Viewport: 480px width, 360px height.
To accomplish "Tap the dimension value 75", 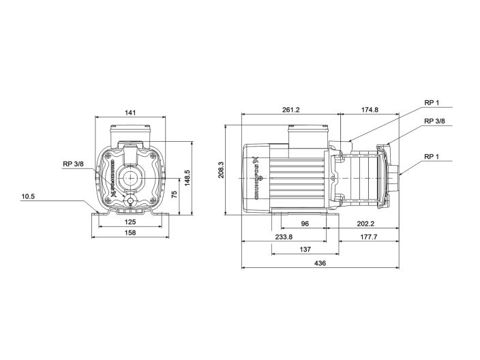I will pyautogui.click(x=175, y=194).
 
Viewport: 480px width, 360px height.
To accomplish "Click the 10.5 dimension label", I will pyautogui.click(x=28, y=196).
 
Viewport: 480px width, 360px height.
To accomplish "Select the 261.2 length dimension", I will pyautogui.click(x=290, y=108).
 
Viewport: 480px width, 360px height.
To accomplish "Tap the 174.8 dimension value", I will pyautogui.click(x=370, y=108).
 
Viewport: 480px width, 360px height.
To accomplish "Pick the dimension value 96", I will pyautogui.click(x=305, y=222).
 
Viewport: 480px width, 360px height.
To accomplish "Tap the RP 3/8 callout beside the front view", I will pyautogui.click(x=73, y=164).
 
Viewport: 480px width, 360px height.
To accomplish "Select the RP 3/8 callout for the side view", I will pyautogui.click(x=434, y=121).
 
